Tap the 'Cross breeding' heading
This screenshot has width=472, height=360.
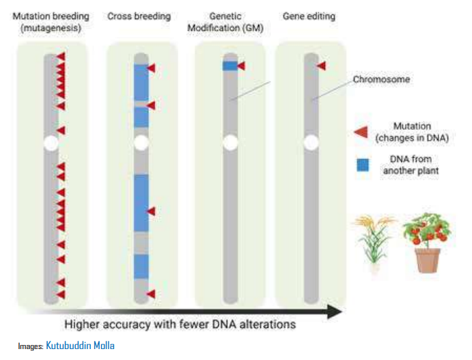(x=139, y=15)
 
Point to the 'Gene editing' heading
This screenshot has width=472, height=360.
(x=311, y=15)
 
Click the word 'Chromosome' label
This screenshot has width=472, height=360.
(x=381, y=79)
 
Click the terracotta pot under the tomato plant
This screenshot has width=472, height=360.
(x=427, y=260)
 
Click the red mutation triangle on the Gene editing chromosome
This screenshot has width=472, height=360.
(x=321, y=66)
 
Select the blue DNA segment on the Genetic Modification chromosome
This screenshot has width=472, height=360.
(x=229, y=66)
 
